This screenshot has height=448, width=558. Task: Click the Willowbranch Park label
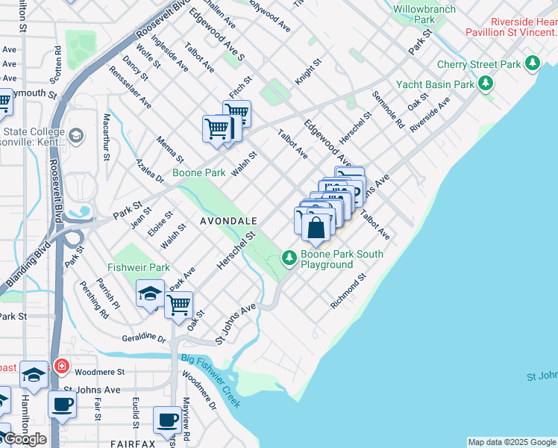pos(424,13)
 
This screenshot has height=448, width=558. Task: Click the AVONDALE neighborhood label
pos(228,222)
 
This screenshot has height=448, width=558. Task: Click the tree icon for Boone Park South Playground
pos(289,258)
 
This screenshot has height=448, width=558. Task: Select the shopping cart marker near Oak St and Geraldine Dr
pos(179,304)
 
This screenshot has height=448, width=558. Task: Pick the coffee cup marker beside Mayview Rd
pos(167,420)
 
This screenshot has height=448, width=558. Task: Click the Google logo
pos(25,439)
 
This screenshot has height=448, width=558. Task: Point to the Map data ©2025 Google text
pos(512,442)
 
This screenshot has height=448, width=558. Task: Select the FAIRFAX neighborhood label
pos(134,444)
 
